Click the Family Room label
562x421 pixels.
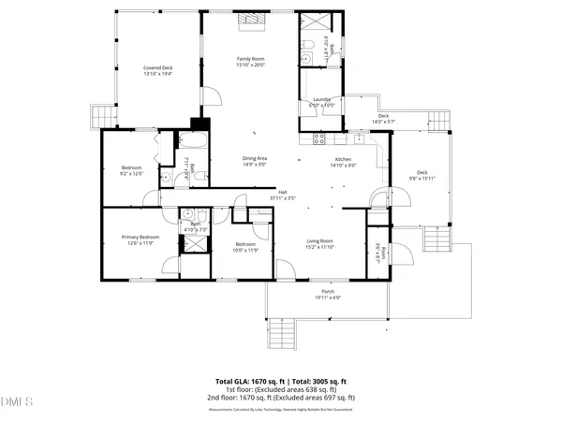(250, 59)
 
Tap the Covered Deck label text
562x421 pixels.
(157, 68)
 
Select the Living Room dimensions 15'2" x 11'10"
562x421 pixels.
(320, 247)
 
